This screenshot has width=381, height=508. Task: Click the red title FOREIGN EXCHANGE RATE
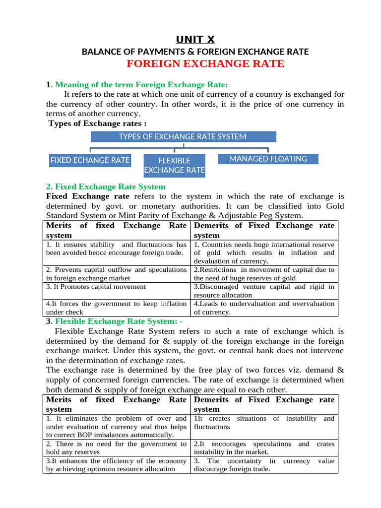205,63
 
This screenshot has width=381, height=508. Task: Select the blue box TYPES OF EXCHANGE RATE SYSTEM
183,136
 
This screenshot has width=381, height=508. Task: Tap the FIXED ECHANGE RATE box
90,160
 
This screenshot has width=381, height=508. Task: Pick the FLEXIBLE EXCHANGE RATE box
174,165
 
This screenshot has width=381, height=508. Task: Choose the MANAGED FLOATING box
268,159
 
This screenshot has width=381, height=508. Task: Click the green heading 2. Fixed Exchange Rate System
106,187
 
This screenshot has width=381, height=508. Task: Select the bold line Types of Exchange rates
97,123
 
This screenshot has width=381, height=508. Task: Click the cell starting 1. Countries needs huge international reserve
264,253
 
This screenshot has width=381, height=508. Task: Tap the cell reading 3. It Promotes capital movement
96,287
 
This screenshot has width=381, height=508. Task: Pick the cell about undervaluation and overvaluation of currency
264,308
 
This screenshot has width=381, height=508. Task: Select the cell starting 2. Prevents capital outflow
116,274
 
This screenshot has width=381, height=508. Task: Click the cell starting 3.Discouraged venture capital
264,291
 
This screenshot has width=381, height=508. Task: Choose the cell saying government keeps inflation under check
116,308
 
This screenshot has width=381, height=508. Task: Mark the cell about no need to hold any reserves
116,448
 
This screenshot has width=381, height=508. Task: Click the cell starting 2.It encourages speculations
264,448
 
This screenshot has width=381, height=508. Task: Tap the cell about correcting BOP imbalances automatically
116,427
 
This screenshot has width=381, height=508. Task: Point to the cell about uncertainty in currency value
264,465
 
